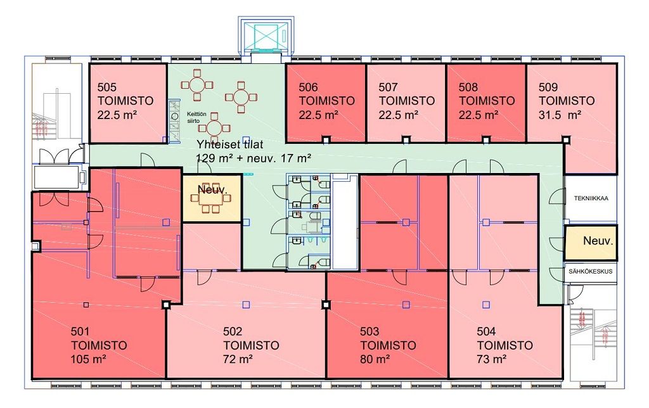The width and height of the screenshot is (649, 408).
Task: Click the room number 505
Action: click(107, 87)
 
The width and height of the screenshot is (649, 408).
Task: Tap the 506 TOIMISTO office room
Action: click(326, 101)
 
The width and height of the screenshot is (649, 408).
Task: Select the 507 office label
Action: click(406, 101)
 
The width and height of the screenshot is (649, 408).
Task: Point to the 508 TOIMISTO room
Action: click(486, 101)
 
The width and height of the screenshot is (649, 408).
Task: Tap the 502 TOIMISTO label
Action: click(251, 345)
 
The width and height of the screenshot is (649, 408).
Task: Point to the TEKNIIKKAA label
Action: click(591, 198)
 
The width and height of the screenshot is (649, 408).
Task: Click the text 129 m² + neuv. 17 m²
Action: click(254, 158)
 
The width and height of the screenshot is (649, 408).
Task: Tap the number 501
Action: click(80, 331)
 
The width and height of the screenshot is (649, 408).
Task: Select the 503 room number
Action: click(369, 331)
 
